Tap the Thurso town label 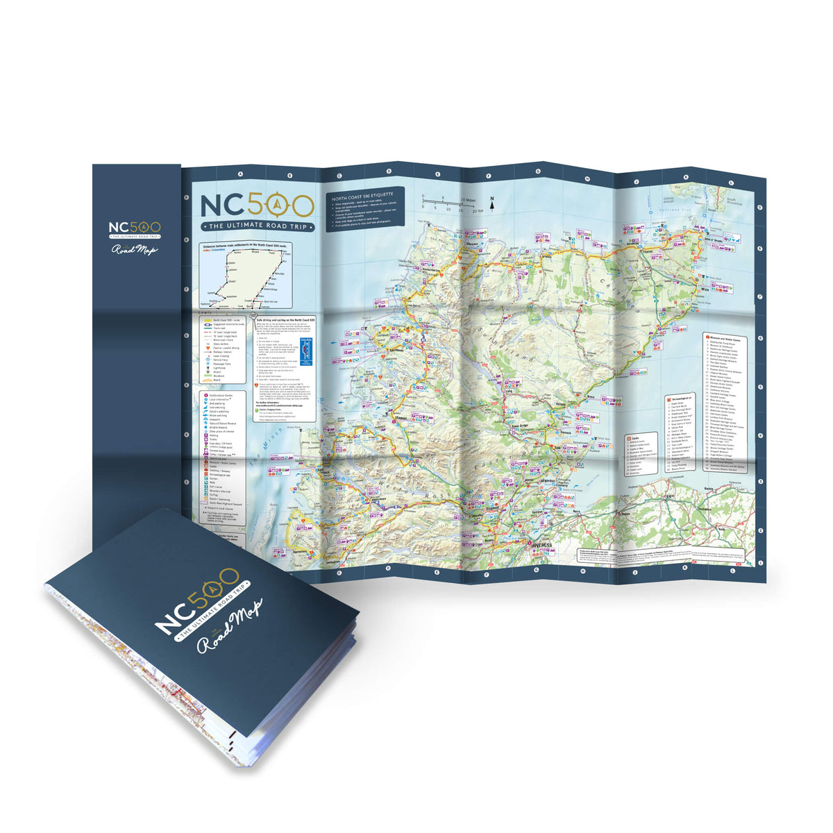point(650,251)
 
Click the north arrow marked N point(491,203)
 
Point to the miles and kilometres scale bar point(448,204)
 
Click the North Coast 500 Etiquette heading point(363,197)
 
